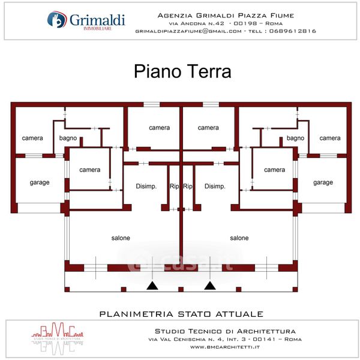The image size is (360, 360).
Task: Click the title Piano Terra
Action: (x=182, y=72)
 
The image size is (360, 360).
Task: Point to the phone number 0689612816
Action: (x=293, y=31)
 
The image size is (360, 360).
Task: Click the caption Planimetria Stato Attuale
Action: (x=181, y=314)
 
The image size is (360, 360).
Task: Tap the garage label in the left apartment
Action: (x=40, y=182)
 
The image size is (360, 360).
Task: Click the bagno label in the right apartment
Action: (x=295, y=138)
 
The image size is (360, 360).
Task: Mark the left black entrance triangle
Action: (x=152, y=286)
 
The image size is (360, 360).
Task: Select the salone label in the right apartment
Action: (x=239, y=238)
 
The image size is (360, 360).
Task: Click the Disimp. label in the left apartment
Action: (x=146, y=186)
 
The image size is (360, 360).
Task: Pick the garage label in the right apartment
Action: (x=323, y=182)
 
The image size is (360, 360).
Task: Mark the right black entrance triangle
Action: (x=209, y=286)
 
